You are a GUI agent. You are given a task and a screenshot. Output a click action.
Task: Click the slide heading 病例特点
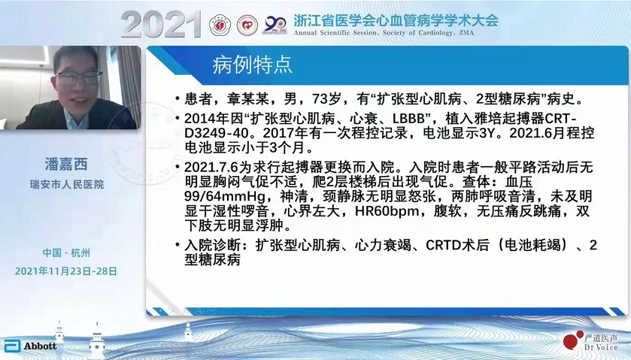pos(252,65)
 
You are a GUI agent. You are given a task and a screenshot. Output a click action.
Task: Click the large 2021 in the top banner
pos(161,25)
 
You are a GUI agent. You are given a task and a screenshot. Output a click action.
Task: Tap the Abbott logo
pos(31,346)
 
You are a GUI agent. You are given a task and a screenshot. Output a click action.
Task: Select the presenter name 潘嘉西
pos(66,164)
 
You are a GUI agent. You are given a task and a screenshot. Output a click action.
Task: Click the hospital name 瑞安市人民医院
pos(67,185)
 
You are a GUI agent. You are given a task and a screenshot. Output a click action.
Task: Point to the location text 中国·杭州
pos(66,253)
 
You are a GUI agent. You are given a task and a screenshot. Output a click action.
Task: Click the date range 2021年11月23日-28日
pos(66,271)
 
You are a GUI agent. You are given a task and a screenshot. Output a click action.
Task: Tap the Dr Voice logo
pos(590,340)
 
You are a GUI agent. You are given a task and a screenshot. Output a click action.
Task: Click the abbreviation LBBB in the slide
pos(410,119)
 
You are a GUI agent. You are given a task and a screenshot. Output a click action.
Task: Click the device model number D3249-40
pos(217,133)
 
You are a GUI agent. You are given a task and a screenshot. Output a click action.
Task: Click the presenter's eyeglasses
pos(79,77)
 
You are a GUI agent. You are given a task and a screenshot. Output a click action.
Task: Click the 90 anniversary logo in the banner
pos(275,26)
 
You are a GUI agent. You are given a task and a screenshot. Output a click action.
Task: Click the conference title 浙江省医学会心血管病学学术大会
pos(396,20)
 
